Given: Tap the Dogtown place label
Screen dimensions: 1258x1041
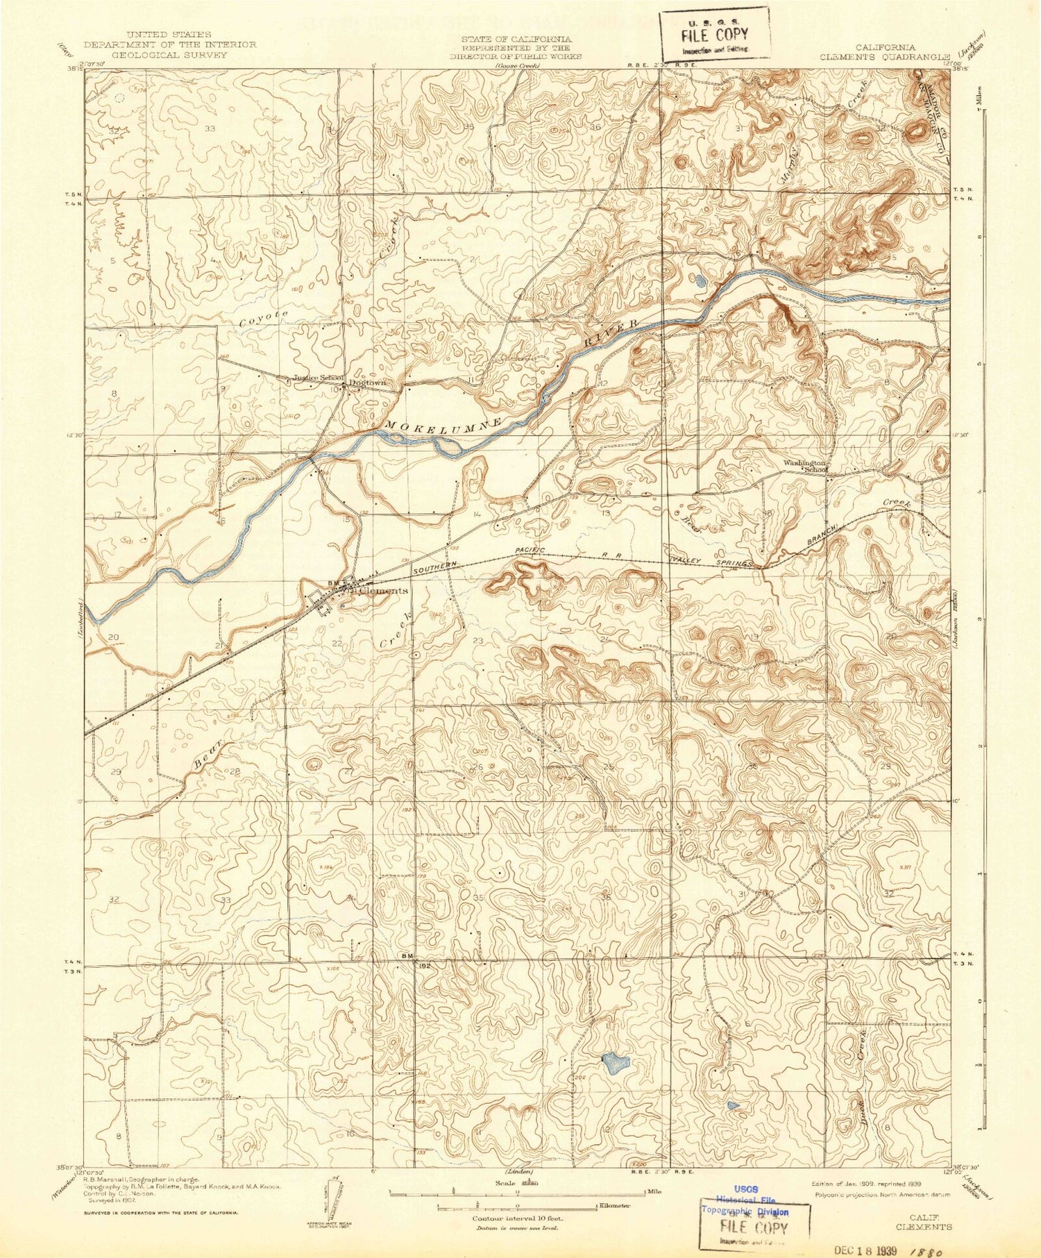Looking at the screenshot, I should point(367,383).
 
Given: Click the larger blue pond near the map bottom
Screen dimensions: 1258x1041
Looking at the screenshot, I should point(615,1062).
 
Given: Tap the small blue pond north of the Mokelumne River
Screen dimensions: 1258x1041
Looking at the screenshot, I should point(700,280).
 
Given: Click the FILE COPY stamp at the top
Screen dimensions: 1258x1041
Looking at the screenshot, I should point(715,35).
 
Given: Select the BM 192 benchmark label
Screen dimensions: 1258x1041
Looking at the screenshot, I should point(414,959).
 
